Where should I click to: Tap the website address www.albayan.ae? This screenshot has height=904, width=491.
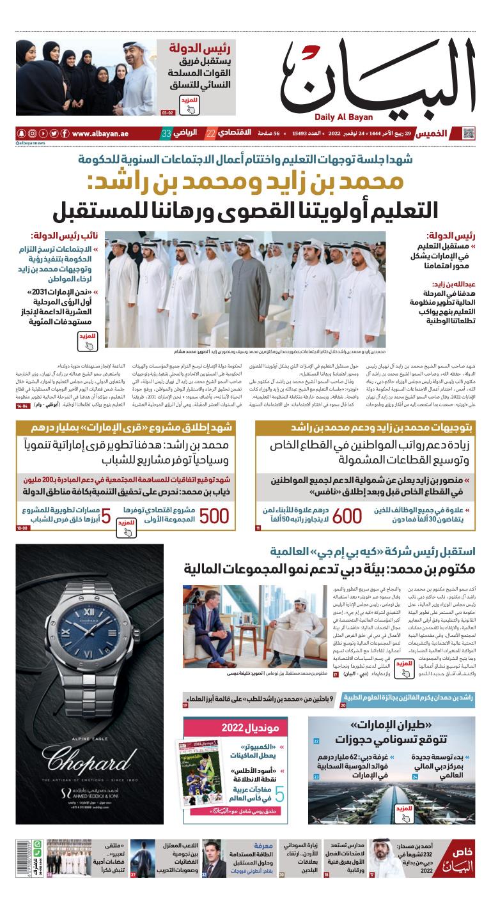[x=100, y=134]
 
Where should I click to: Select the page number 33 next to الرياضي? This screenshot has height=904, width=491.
[x=166, y=134]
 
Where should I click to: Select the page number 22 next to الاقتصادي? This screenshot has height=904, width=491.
[x=210, y=134]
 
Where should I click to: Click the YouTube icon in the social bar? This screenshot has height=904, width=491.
[x=43, y=134]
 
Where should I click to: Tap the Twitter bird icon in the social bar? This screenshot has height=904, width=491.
[x=54, y=134]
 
